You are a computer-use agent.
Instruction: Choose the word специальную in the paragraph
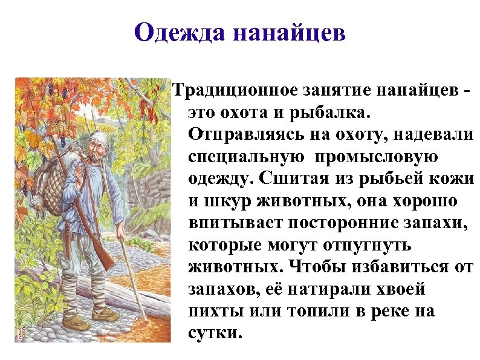click(x=242, y=156)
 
